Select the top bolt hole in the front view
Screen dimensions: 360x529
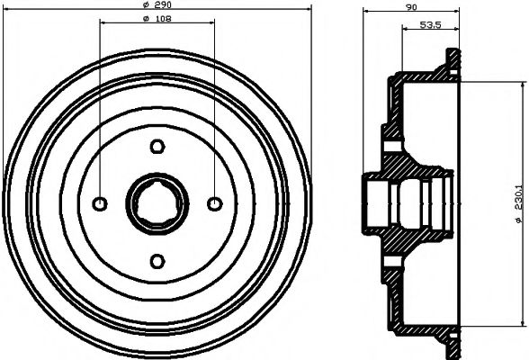[x=157, y=147]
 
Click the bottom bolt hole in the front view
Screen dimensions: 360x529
[x=157, y=261]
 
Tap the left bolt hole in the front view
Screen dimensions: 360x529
[x=101, y=203]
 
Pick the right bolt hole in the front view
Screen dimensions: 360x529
[x=214, y=203]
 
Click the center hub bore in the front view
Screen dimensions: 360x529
[x=157, y=203]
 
